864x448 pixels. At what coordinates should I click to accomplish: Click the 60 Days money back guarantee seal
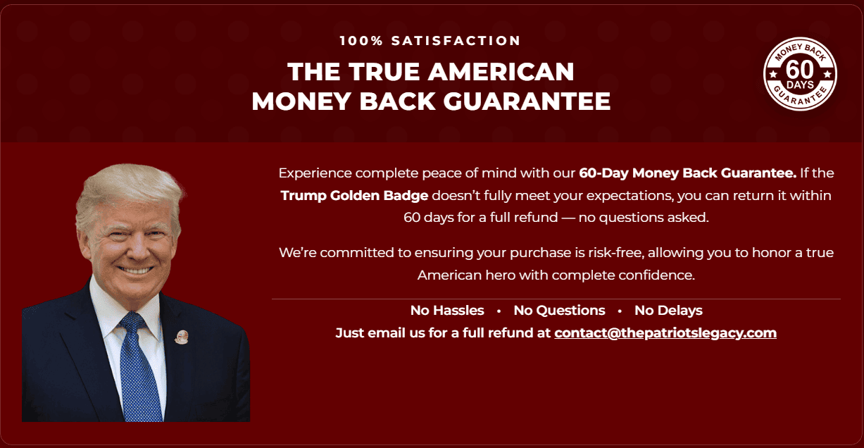point(800,74)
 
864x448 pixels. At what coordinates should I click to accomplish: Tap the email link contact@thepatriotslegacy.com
point(665,333)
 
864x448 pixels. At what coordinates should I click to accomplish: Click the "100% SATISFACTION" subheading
point(430,41)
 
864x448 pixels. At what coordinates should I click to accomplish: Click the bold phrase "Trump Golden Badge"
point(354,195)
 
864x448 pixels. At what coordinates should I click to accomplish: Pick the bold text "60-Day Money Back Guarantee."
point(687,173)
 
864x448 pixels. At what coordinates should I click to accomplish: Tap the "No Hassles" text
point(447,311)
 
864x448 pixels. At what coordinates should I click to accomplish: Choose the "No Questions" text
point(559,311)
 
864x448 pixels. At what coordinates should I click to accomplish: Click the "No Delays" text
point(668,311)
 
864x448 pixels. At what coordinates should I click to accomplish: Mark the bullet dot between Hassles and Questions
point(499,311)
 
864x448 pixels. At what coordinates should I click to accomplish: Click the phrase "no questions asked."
point(644,218)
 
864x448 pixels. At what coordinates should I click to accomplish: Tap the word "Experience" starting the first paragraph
point(315,173)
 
